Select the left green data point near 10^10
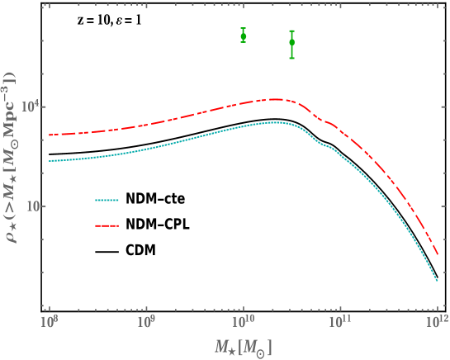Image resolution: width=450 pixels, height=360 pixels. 243,36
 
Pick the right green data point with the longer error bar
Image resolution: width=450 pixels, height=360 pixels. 291,42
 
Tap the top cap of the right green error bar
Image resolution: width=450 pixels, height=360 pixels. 291,31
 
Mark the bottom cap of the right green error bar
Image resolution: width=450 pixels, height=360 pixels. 291,58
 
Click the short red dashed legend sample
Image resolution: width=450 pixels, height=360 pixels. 107,225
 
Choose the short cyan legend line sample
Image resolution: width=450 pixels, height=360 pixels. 107,200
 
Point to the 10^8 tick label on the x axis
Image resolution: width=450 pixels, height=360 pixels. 50,319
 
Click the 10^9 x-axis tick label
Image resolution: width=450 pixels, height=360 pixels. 146,319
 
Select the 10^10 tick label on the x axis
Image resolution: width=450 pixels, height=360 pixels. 243,319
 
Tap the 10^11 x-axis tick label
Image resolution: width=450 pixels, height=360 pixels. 339,319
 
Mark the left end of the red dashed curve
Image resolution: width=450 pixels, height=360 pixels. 50,135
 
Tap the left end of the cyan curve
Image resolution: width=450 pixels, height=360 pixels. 50,161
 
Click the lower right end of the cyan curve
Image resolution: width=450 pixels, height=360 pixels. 437,282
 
